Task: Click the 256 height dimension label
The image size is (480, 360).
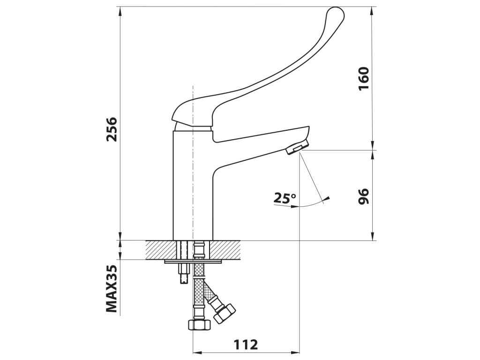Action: click(112, 129)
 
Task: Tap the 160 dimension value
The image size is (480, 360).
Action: click(364, 78)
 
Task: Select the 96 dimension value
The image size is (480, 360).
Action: click(364, 196)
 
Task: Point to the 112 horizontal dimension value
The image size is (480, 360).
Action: click(246, 345)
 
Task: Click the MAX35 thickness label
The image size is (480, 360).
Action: click(112, 288)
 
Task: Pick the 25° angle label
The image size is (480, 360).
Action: click(285, 198)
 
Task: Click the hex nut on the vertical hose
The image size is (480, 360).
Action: click(199, 324)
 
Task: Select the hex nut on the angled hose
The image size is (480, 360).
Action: click(225, 313)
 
